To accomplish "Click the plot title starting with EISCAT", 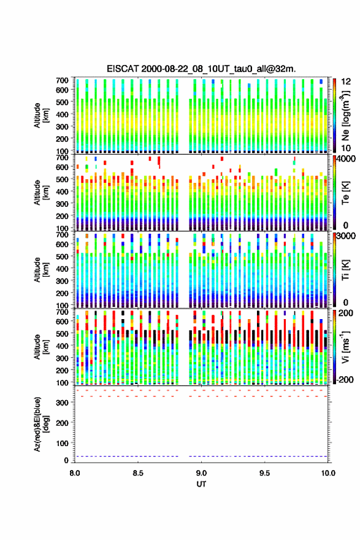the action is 201,69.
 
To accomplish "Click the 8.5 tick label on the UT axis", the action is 137,473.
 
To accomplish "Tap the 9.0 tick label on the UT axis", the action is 201,473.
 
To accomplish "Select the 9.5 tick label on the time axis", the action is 264,473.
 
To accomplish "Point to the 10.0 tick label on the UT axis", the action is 328,473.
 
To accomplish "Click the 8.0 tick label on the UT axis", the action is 75,473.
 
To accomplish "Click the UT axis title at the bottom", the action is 201,484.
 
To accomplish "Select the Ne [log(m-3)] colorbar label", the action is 345,115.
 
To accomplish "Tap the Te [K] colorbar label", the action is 345,193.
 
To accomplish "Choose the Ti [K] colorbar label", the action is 345,269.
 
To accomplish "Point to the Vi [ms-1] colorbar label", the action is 345,347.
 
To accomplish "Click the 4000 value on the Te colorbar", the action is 347,159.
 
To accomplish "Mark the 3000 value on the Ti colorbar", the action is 347,236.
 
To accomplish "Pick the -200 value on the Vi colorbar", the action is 345,379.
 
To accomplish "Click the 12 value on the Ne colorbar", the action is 347,82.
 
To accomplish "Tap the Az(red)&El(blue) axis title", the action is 41,424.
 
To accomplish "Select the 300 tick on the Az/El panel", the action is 62,403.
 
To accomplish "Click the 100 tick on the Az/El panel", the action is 62,443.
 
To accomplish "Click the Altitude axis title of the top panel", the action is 41,115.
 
